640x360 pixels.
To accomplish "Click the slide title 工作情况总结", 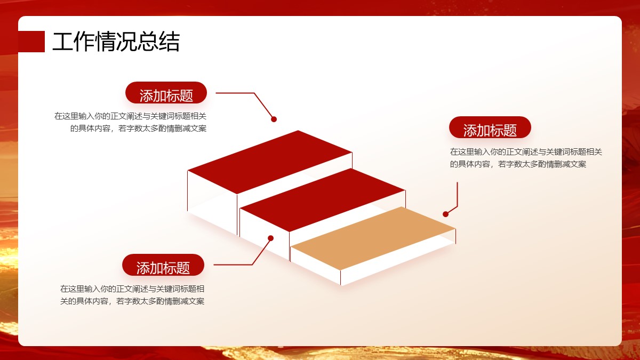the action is tap(116, 42).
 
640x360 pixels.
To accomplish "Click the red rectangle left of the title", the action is tap(31, 42).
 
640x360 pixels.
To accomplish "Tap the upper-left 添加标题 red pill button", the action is tap(166, 93).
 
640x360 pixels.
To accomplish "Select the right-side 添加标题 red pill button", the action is tap(490, 127).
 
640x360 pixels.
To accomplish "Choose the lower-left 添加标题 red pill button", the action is tap(163, 265).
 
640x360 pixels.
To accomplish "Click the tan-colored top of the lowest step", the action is tap(373, 238).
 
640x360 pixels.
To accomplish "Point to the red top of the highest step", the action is tap(270, 162).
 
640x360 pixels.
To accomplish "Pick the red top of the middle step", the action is tap(323, 200).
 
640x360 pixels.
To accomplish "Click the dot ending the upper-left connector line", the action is tap(274, 119).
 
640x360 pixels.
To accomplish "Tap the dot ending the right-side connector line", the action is tap(445, 214).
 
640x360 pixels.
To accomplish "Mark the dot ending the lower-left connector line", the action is tap(270, 238).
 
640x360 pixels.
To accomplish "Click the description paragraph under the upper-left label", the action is tap(131, 122).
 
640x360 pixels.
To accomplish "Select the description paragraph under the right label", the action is tap(526, 158).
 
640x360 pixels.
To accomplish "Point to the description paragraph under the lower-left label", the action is tap(132, 295).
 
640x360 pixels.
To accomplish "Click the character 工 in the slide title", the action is tap(63, 42).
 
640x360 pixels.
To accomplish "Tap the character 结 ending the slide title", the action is tap(169, 42).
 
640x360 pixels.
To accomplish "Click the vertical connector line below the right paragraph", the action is tap(457, 194).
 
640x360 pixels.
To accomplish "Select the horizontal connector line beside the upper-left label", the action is tap(235, 93).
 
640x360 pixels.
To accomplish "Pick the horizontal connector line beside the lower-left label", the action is tap(233, 265).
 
